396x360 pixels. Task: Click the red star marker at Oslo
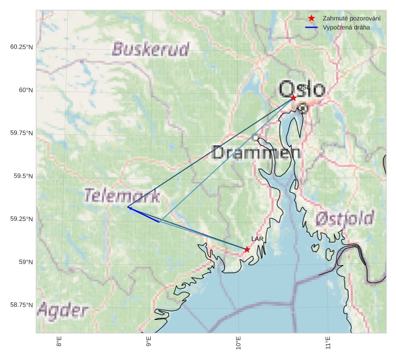click(293, 98)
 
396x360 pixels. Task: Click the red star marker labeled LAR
click(247, 249)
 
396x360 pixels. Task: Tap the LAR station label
click(258, 240)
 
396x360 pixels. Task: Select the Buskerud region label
click(150, 49)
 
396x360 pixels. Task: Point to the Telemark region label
click(122, 196)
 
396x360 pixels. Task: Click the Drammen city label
click(256, 152)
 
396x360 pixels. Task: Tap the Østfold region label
click(345, 218)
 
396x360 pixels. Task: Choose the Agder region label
click(63, 310)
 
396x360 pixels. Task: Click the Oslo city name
click(302, 89)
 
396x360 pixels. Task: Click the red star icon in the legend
click(311, 19)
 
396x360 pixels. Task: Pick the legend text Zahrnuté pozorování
click(351, 19)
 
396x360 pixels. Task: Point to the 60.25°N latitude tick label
click(21, 47)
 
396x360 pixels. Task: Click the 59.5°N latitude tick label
click(23, 176)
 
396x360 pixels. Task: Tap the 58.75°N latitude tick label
click(21, 305)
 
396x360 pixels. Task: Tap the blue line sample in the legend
click(311, 27)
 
